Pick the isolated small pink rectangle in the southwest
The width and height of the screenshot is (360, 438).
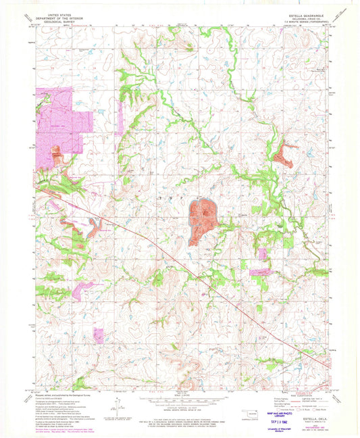pos(99,336)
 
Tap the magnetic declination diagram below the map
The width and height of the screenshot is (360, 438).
pos(119,404)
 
